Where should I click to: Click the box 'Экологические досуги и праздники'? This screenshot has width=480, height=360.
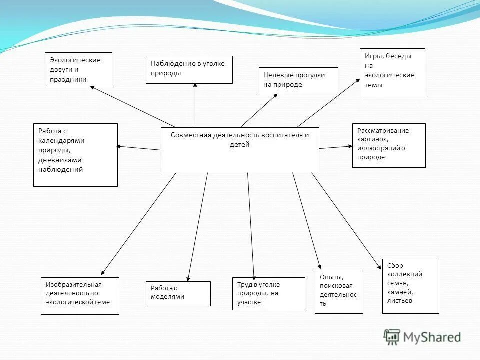[x=78, y=69]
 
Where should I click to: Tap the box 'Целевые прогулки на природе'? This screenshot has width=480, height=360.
[x=298, y=81]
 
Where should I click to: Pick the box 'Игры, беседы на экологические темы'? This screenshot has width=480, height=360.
[x=392, y=72]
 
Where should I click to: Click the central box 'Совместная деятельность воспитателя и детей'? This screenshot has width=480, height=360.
[x=240, y=149]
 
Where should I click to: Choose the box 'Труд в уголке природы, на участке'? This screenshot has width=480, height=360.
[x=268, y=293]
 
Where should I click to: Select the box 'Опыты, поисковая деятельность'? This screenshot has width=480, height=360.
[x=339, y=291]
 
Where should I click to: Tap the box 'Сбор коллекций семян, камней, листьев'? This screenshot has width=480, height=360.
[x=410, y=286]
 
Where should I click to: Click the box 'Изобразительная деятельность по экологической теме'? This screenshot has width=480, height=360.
[x=80, y=295]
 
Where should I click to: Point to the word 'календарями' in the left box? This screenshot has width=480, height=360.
[x=61, y=141]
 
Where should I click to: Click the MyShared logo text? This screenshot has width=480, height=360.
[x=432, y=337]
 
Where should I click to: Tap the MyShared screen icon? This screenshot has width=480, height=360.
[x=392, y=336]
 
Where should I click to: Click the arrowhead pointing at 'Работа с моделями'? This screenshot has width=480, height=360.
[x=188, y=278]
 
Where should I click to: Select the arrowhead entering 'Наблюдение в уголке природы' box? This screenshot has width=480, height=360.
[x=195, y=86]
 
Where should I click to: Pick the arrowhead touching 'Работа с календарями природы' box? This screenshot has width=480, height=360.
[x=119, y=146]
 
